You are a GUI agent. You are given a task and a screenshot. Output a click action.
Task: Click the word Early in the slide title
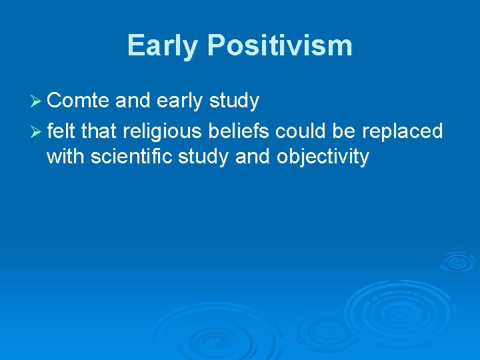coord(163,46)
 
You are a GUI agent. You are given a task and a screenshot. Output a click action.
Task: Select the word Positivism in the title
coord(279,46)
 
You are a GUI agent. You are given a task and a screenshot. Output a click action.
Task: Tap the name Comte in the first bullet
coord(78,101)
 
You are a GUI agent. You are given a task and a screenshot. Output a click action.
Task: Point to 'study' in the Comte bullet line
coord(233,102)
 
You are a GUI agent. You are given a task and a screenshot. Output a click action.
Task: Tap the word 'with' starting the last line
coord(65,157)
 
